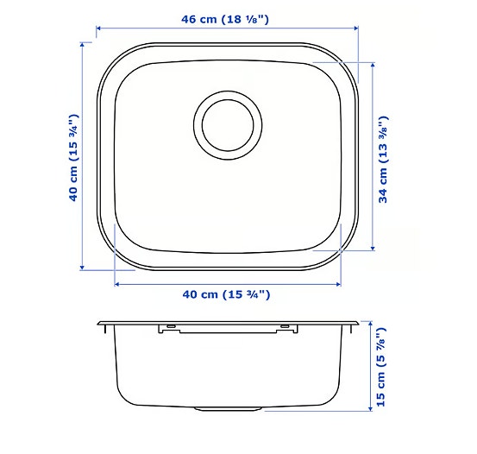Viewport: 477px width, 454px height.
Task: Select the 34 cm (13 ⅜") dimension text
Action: click(x=383, y=158)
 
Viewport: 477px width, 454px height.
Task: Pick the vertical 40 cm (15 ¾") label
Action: click(x=74, y=158)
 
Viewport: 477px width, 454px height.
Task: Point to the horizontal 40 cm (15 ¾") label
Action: click(x=227, y=294)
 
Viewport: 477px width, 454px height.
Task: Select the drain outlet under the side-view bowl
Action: click(x=227, y=406)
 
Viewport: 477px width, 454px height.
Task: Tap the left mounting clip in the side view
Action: click(x=170, y=327)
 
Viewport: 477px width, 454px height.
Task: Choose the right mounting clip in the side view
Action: click(x=284, y=327)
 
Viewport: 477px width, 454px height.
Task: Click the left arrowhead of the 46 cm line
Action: click(x=97, y=28)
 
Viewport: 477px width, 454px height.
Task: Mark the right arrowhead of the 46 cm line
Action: click(x=356, y=28)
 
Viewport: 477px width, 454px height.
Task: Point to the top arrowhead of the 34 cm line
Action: click(x=373, y=65)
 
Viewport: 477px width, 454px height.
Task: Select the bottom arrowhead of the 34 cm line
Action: click(x=373, y=249)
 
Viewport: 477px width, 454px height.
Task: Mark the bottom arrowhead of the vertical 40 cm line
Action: click(x=83, y=268)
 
